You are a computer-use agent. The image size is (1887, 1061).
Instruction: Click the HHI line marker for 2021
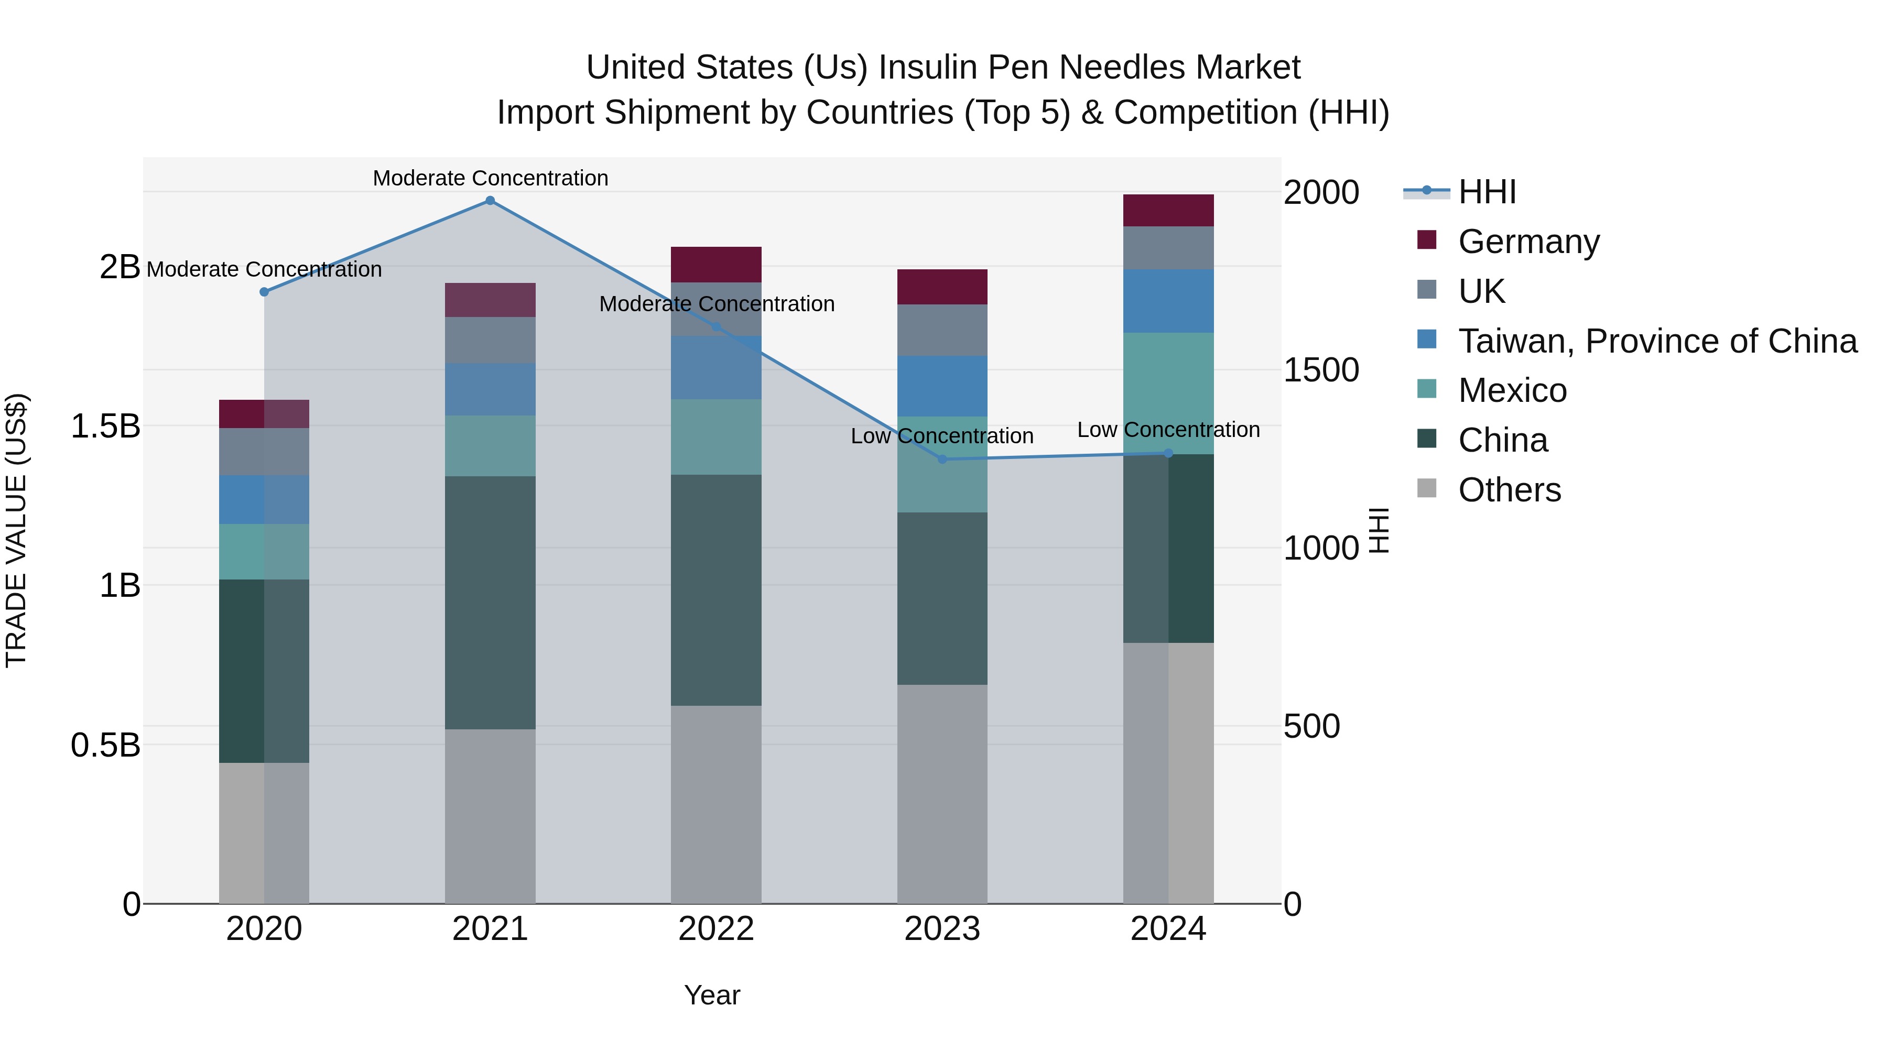click(490, 201)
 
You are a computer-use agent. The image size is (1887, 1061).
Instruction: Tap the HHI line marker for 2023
click(942, 459)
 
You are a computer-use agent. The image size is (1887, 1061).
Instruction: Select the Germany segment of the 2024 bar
click(1168, 210)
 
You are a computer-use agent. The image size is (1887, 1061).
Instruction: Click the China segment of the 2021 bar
click(490, 602)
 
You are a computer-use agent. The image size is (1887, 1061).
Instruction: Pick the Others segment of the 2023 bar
click(942, 794)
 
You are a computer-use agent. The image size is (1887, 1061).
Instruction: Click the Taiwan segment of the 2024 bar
click(1168, 301)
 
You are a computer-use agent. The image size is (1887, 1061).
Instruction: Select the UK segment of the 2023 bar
click(942, 330)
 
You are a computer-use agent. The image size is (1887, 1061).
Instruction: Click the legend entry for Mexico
click(1512, 390)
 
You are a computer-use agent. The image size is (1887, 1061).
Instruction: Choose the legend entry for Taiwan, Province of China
click(1657, 341)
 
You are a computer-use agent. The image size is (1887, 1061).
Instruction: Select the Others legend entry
click(1509, 490)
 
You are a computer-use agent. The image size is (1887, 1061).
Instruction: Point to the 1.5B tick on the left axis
click(105, 426)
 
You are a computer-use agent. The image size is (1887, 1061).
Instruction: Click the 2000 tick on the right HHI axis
click(1321, 193)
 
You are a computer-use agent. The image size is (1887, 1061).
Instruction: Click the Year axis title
click(712, 995)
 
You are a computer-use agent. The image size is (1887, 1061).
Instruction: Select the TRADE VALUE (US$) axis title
click(16, 530)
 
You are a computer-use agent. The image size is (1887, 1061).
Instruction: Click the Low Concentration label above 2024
click(1168, 430)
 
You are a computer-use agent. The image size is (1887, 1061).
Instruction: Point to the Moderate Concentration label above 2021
click(490, 178)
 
